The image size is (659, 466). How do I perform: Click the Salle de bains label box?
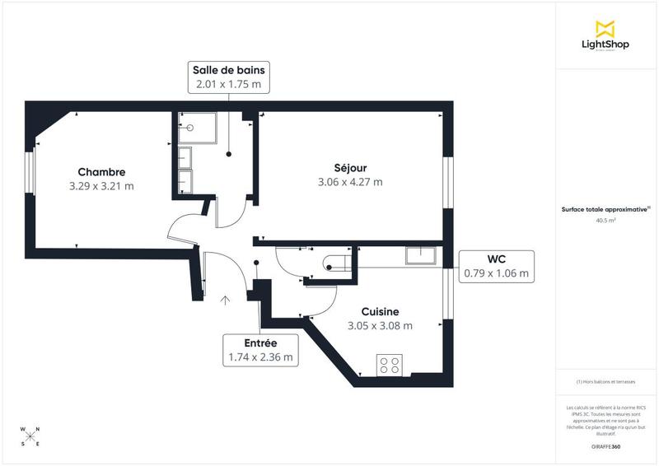click(x=228, y=77)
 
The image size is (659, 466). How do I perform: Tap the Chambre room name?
click(x=101, y=172)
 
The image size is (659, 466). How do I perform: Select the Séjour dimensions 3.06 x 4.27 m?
click(x=350, y=182)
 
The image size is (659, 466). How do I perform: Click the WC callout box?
click(x=497, y=266)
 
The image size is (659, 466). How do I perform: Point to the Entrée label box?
click(x=260, y=350)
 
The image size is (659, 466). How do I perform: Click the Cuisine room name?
click(x=380, y=311)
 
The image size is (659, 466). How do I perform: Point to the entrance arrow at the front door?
click(x=226, y=301)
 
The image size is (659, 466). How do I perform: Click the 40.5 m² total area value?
click(x=605, y=221)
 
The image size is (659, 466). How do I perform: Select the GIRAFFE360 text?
click(x=605, y=446)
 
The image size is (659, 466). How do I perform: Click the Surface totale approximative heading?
click(x=605, y=209)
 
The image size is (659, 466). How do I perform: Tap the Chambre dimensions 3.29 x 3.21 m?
click(x=101, y=186)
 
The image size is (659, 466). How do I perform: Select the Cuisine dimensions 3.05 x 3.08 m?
click(x=380, y=325)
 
